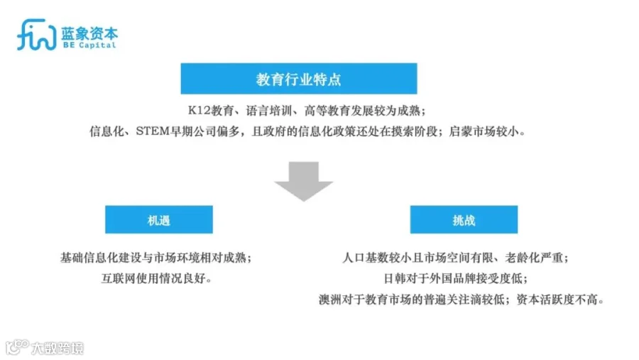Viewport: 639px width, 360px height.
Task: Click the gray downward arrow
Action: (x=303, y=181)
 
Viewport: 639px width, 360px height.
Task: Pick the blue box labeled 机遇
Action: (x=158, y=220)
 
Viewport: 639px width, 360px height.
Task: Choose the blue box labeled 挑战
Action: (x=464, y=220)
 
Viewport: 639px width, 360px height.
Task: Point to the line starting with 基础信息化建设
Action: (x=156, y=258)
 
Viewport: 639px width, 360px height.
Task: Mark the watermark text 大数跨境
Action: (x=56, y=348)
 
